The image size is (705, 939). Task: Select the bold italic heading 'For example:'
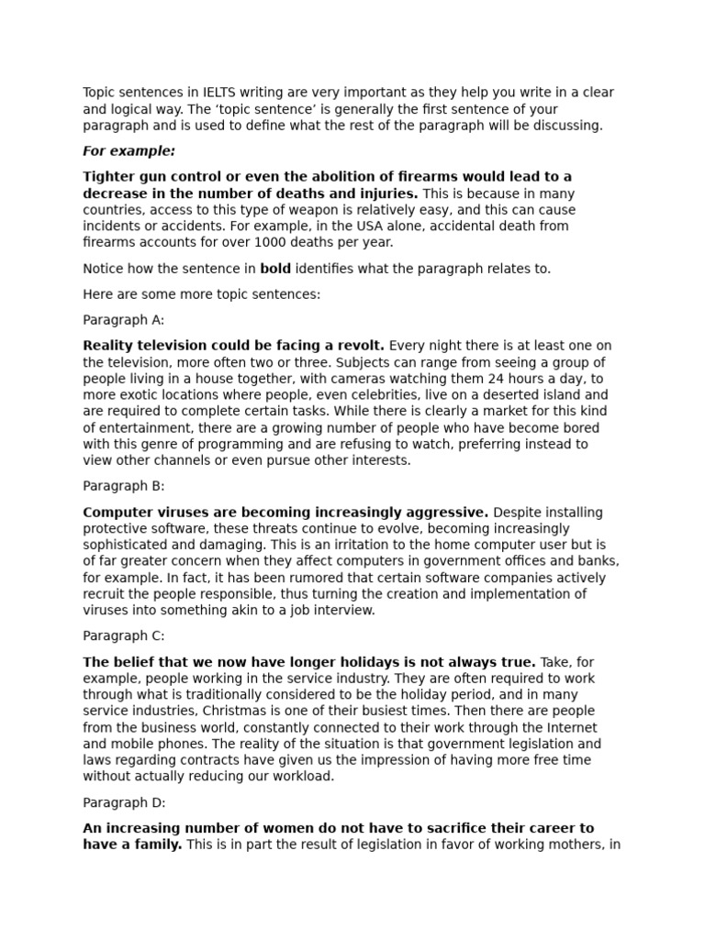coord(129,151)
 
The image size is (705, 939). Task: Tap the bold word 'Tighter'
coord(109,176)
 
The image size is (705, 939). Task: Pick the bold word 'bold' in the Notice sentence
coord(274,269)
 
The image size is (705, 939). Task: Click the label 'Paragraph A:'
coord(124,320)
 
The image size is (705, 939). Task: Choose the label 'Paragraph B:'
coord(124,486)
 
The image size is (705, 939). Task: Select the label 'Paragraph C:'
coord(124,635)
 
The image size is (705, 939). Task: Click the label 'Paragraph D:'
coord(124,801)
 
